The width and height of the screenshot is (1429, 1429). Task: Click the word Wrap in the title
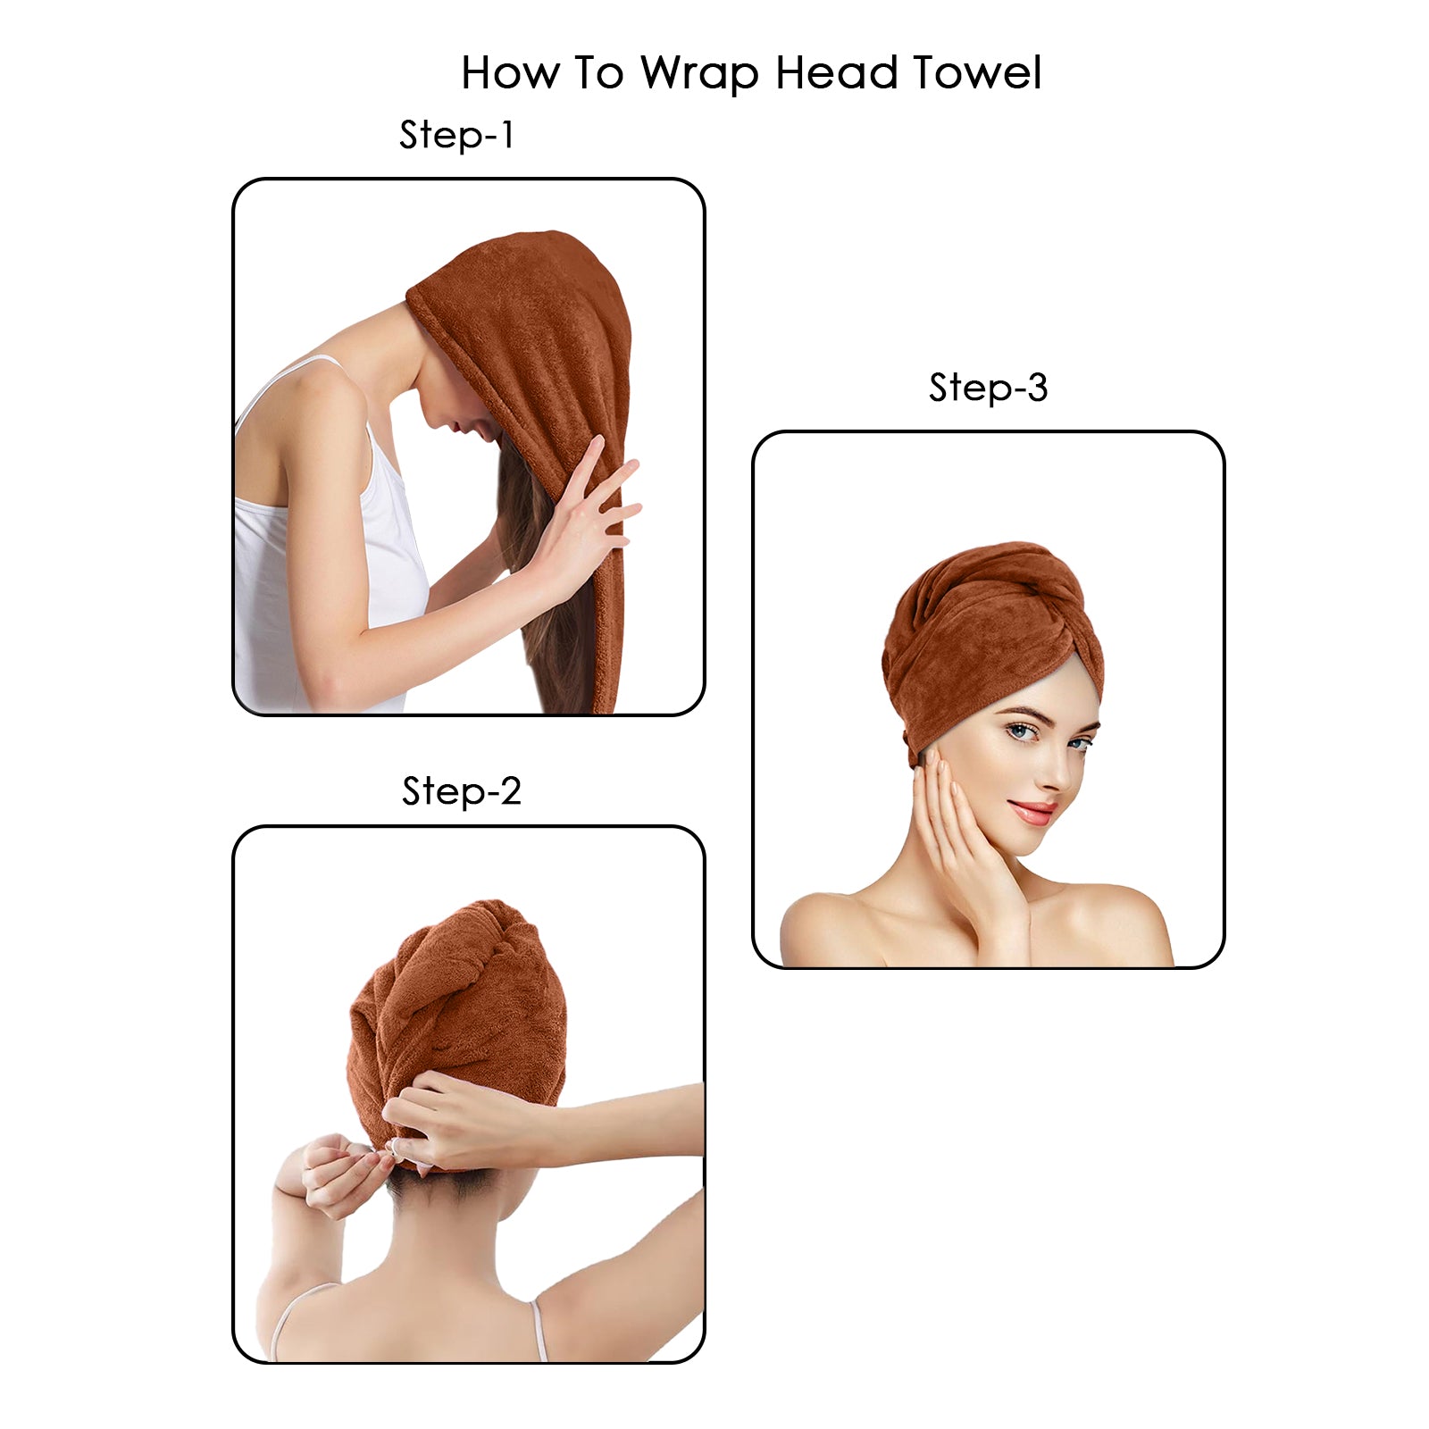pos(699,73)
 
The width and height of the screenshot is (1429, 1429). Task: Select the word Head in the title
pos(836,73)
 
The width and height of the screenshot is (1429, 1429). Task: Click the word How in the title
pos(509,73)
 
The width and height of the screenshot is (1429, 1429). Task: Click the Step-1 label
pos(456,136)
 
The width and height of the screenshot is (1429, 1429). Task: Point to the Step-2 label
pos(461,791)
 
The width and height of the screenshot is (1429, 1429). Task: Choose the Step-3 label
pos(988,388)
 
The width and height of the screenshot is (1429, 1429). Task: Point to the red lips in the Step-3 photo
pos(1032,812)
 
